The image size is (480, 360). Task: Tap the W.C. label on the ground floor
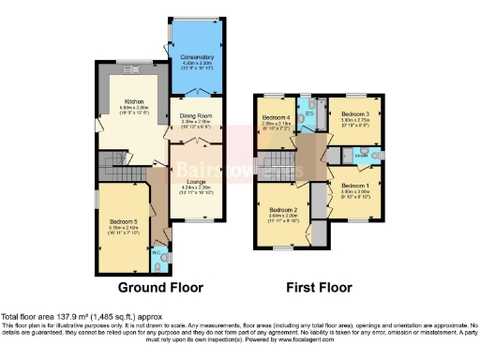click(x=157, y=251)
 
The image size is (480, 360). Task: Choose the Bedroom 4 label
click(x=276, y=119)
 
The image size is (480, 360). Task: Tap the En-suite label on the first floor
click(x=373, y=157)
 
